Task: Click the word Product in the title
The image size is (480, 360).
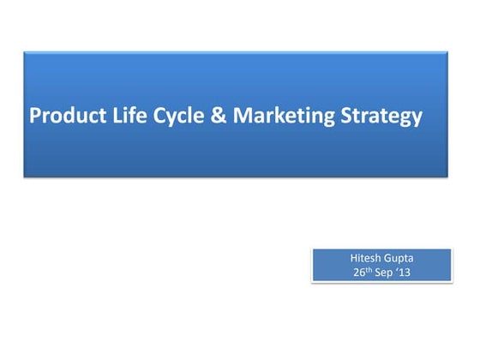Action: point(63,115)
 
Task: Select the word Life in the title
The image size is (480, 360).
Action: point(117,115)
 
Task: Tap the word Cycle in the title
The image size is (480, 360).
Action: point(166,116)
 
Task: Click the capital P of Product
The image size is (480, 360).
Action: point(36,115)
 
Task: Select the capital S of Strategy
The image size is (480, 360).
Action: point(344,115)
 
